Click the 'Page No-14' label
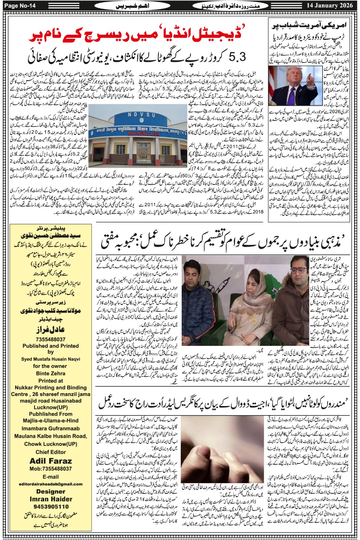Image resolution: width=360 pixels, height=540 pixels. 21,6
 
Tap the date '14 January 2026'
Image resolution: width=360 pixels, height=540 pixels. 330,5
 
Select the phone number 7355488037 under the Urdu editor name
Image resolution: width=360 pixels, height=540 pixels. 51,339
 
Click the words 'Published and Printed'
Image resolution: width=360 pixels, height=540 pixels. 51,346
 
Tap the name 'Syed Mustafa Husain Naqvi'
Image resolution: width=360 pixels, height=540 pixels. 51,359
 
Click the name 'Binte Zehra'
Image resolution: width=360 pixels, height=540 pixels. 51,373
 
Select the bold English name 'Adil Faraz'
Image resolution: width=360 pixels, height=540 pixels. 51,461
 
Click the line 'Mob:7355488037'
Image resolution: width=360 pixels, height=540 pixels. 51,469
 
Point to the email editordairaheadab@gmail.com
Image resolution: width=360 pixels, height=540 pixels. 51,484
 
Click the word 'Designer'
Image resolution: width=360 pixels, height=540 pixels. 51,491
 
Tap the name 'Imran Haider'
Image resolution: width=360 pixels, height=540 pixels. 51,499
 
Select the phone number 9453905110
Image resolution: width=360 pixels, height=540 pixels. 51,507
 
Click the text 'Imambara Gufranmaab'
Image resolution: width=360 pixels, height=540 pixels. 51,429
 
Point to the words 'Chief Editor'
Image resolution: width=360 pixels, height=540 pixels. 51,452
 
